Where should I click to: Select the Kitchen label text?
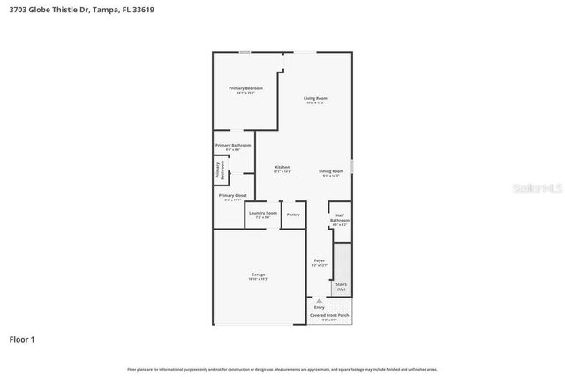[x=282, y=168]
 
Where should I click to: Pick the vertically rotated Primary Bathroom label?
[x=218, y=171]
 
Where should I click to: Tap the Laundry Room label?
[x=262, y=214]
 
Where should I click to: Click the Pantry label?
[x=293, y=215]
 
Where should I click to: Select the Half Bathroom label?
[x=340, y=218]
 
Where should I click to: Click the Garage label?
[x=258, y=275]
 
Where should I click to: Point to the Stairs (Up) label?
[x=341, y=286]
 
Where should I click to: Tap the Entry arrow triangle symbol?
[x=320, y=301]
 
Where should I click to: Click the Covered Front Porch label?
[x=329, y=315]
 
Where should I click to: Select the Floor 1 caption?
[x=22, y=339]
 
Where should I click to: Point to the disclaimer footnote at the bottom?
[x=282, y=369]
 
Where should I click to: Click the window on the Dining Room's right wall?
[x=351, y=167]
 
